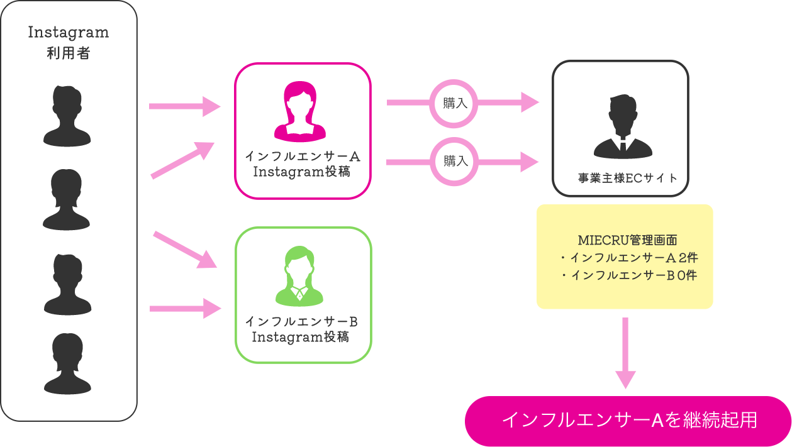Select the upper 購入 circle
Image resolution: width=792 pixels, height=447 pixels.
(454, 103)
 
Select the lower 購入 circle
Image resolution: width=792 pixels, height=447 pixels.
(454, 161)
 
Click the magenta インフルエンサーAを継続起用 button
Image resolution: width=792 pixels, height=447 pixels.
(628, 421)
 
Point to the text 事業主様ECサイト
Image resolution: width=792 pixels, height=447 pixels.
(628, 179)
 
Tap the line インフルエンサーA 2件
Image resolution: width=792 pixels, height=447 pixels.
(628, 258)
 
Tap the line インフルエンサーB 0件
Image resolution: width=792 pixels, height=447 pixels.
(628, 275)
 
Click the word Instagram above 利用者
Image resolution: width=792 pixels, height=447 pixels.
(69, 33)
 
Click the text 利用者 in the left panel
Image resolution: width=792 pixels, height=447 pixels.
(69, 53)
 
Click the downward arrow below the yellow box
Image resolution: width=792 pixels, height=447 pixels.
(625, 352)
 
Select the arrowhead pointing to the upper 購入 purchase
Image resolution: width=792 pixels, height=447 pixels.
(530, 102)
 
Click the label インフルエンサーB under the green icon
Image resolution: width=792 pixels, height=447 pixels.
(301, 322)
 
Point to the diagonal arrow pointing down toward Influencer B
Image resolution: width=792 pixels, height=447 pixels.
(185, 250)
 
